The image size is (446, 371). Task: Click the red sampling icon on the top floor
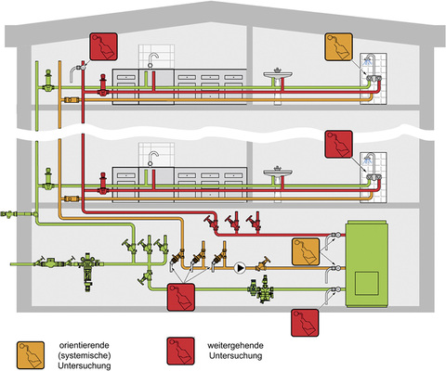104,46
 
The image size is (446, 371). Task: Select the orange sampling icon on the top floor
338,47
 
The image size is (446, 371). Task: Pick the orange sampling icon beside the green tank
306,250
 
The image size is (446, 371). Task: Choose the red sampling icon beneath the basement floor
306,321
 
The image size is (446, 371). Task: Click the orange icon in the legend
31,353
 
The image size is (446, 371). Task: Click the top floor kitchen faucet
151,59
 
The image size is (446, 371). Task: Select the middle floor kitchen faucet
151,154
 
